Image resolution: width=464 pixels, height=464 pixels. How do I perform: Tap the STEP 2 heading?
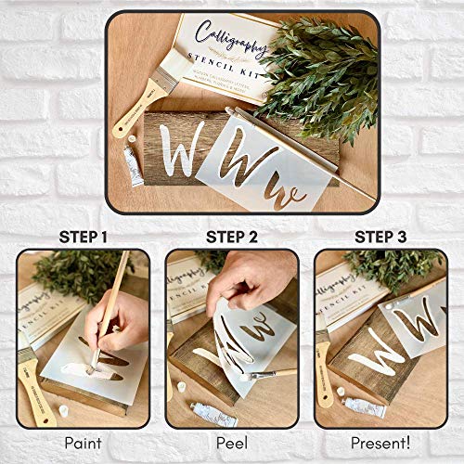coord(231,237)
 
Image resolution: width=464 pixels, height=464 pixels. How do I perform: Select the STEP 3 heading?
coord(380,237)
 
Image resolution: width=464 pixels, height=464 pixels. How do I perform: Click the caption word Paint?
coord(83,444)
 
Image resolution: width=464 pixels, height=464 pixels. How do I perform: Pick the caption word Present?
coord(380,444)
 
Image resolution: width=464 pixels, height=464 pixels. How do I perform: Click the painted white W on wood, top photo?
coord(177,148)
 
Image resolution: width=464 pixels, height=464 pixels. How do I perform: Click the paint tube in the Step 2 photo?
coord(215,414)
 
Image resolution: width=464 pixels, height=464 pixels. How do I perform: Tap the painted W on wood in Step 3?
coord(377,349)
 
